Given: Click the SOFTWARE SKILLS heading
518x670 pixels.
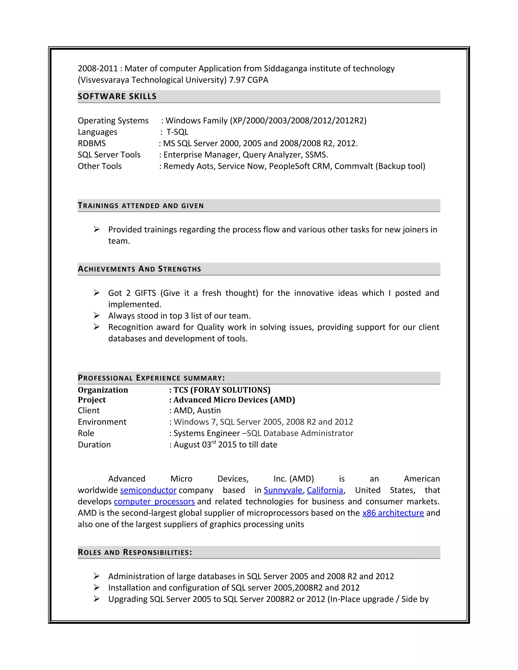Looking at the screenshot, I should point(117,96).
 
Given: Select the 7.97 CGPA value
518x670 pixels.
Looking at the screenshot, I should point(248,80).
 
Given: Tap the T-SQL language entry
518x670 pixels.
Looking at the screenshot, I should point(177,132).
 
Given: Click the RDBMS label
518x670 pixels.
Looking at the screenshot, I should point(92,143).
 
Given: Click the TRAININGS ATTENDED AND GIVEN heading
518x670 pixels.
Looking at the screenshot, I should point(141,206).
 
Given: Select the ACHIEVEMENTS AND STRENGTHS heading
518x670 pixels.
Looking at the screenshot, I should point(139,269).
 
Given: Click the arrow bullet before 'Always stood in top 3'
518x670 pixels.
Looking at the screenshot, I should point(96,315).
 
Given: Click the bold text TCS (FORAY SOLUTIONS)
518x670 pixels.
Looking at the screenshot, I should point(222,390).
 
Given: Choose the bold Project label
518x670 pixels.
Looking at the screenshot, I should point(92,400).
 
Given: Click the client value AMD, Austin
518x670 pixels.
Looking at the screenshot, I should point(197,410).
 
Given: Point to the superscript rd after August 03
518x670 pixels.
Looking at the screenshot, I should point(213,442).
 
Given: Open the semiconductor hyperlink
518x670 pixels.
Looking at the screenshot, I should point(148,490).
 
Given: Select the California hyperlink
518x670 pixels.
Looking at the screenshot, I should point(325,490).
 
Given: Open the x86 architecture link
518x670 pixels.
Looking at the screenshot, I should point(393,513).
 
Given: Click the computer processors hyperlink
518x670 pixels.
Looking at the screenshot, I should point(154,502).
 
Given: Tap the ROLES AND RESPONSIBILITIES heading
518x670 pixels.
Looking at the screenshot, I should point(135,552).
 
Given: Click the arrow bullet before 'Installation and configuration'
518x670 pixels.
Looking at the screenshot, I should point(96,588).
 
